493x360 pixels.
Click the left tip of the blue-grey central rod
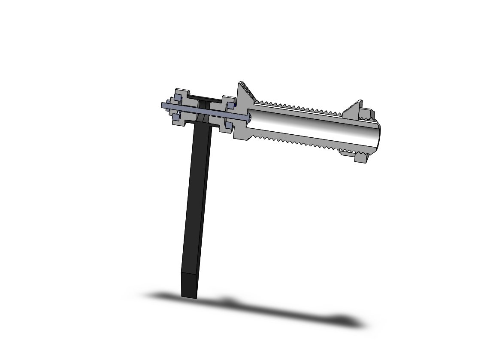[x=163, y=104]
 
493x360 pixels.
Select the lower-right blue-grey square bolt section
[x=228, y=126]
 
